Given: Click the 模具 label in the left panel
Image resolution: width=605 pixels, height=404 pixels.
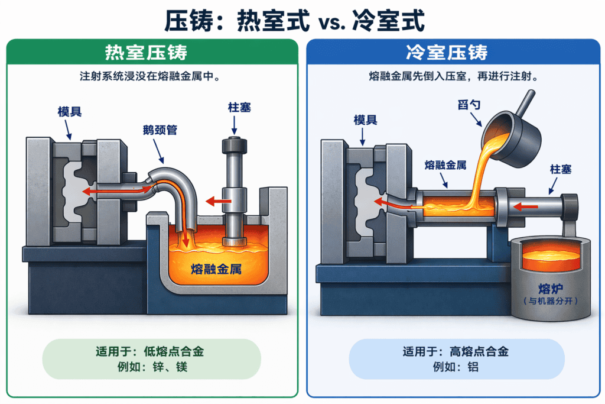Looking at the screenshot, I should coord(70,113).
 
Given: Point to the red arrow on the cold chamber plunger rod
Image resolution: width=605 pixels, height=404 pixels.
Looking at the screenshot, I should coord(526,206).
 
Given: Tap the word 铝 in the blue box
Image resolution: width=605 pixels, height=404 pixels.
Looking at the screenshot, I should coord(472,367).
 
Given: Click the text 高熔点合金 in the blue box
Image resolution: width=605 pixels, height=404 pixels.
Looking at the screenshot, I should coord(479,352).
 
